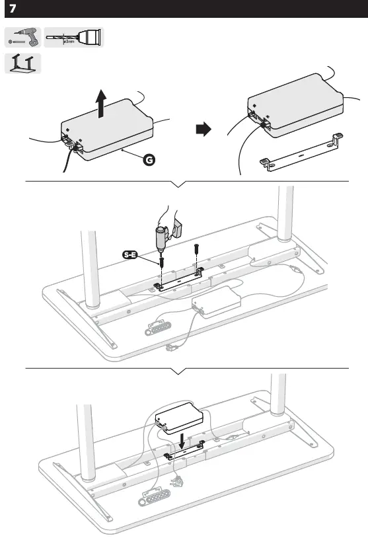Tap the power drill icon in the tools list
point(22,38)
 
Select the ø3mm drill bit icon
point(74,38)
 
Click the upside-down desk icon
point(22,63)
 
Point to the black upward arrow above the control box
point(100,104)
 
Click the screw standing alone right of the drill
point(196,253)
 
